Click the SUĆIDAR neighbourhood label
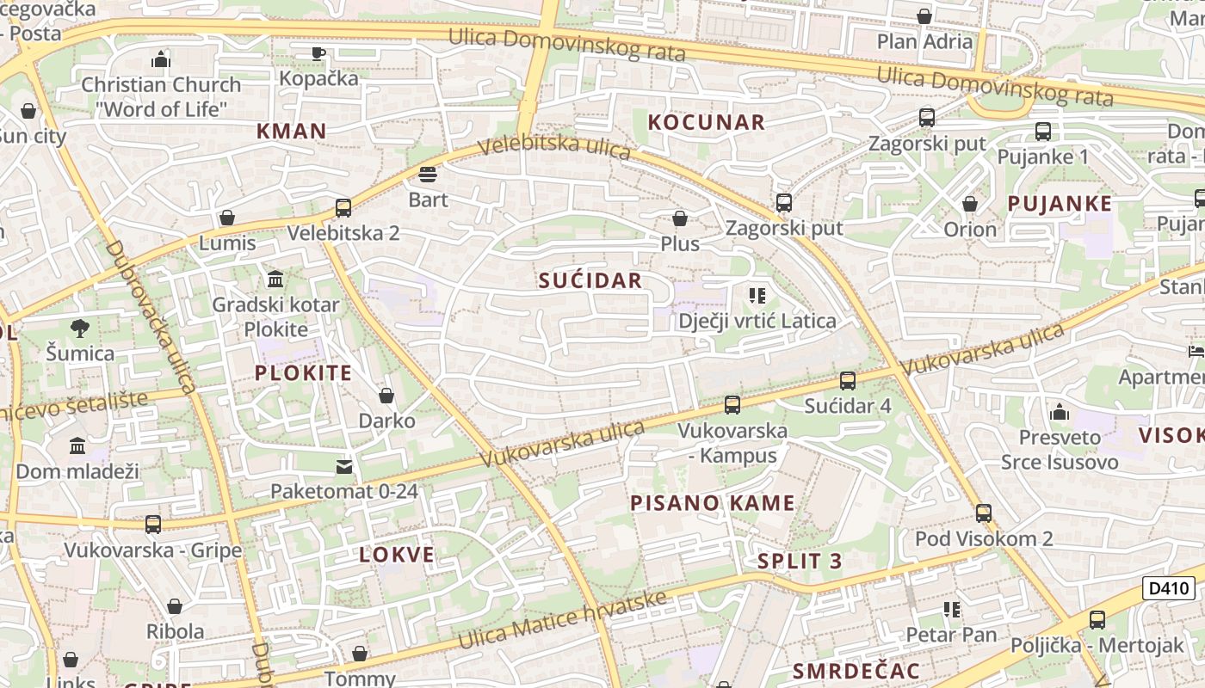(590, 280)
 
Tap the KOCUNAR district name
(706, 122)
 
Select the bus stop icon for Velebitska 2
(343, 207)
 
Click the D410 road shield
(1169, 589)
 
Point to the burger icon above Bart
(428, 175)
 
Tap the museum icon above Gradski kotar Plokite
(275, 279)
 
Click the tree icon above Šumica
(80, 328)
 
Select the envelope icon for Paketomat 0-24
(344, 466)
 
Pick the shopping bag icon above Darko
(386, 396)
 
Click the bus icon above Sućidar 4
(848, 380)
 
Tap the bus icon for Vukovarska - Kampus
(732, 404)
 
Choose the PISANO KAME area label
(713, 503)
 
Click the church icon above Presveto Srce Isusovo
(1060, 412)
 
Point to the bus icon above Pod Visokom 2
(984, 513)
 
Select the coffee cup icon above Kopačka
(318, 53)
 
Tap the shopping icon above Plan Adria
(924, 16)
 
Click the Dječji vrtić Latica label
(757, 321)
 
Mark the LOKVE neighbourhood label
(397, 555)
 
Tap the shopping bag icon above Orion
(970, 204)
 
